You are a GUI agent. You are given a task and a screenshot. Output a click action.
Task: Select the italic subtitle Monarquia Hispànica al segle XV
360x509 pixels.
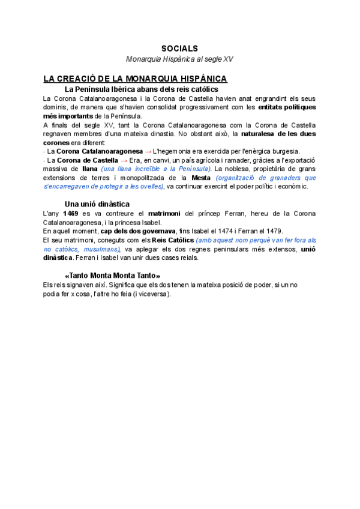(x=179, y=59)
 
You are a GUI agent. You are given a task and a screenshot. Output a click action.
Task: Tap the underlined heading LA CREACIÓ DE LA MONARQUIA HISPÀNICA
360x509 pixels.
(x=135, y=79)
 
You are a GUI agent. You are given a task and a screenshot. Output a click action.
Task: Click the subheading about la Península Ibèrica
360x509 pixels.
(x=137, y=89)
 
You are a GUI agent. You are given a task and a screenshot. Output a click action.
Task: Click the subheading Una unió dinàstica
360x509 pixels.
(x=97, y=204)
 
